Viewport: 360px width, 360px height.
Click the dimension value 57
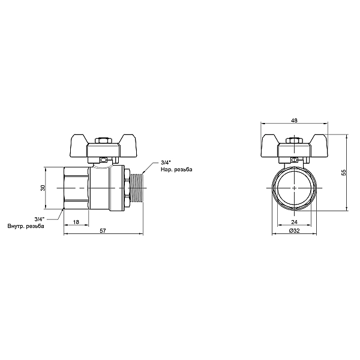103,231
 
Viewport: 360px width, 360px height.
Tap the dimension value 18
76,222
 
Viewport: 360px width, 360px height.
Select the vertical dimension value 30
43,188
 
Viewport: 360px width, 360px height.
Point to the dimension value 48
294,121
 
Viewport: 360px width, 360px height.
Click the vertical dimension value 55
343,173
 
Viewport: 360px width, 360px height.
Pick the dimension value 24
294,222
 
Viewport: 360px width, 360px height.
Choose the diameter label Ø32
295,231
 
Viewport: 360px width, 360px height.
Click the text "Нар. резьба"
176,170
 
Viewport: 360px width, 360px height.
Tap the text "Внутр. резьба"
26,226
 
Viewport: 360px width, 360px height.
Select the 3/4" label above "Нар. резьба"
166,163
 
